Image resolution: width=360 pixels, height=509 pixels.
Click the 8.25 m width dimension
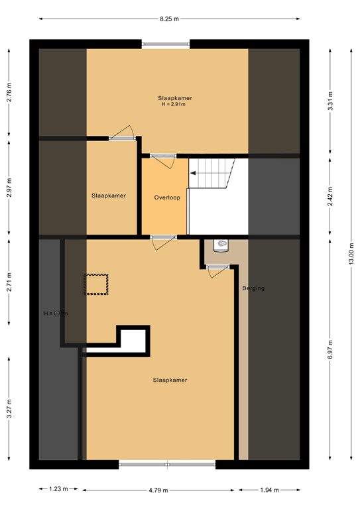[x=169, y=19]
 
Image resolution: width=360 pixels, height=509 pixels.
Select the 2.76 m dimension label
[x=9, y=91]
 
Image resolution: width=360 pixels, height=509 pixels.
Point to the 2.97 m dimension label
[x=9, y=188]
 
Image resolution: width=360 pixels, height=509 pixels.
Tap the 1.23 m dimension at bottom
[x=58, y=490]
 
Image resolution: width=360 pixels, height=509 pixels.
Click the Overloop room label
[x=165, y=197]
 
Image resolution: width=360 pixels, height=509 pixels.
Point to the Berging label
[x=253, y=289]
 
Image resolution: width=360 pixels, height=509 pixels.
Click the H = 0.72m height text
[x=56, y=313]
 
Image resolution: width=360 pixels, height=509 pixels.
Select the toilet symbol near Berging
[x=221, y=245]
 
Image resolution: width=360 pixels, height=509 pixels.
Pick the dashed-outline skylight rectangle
[x=95, y=284]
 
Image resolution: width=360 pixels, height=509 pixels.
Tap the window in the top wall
[x=166, y=44]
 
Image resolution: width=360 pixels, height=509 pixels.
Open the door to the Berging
[x=217, y=267]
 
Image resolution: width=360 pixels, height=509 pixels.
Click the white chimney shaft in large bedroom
[x=133, y=339]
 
